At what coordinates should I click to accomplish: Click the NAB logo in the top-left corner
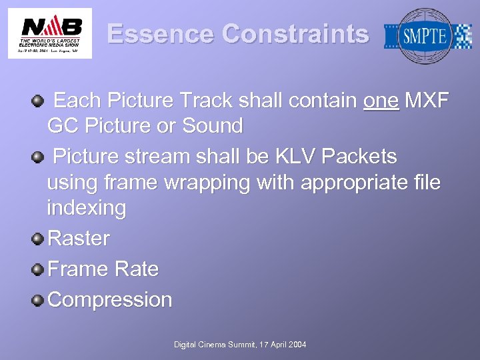coord(50,33)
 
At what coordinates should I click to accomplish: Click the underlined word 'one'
coord(381,101)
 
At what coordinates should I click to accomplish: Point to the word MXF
coord(427,101)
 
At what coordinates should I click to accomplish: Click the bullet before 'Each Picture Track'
coord(39,101)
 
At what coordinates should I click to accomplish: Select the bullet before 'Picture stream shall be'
coord(39,157)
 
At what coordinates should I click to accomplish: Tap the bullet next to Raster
coord(39,238)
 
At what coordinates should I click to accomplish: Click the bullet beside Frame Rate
coord(39,269)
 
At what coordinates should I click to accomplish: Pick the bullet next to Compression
coord(39,299)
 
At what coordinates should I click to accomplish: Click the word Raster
coord(79,238)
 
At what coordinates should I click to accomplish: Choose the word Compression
coord(110,299)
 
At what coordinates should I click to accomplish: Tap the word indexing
coord(87,209)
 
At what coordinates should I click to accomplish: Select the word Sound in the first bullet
coord(213,125)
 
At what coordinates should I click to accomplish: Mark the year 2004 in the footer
coord(295,344)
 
